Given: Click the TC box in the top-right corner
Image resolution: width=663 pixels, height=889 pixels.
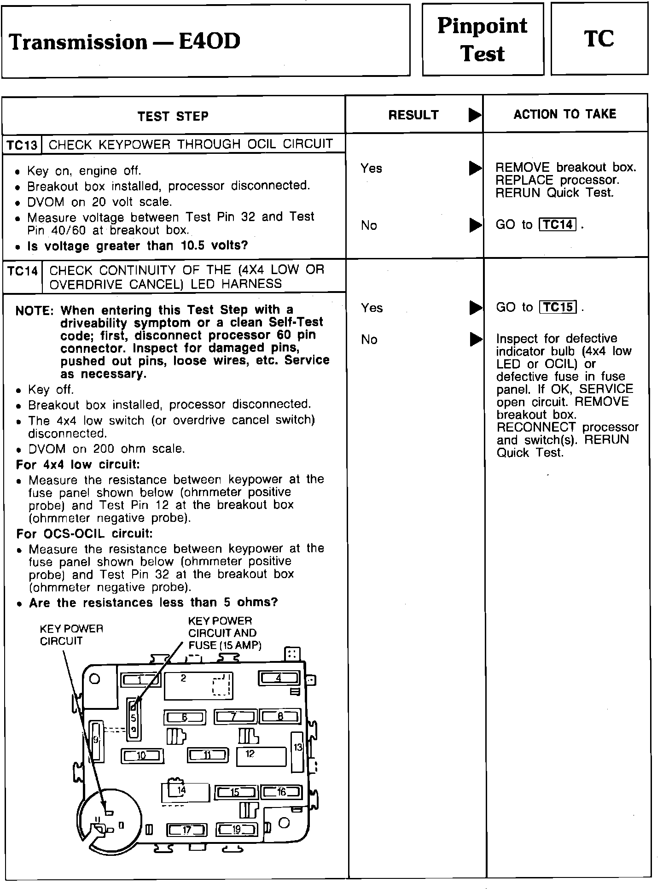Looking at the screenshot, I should pyautogui.click(x=599, y=39).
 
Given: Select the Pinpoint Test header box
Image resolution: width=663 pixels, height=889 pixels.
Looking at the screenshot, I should pyautogui.click(x=483, y=39).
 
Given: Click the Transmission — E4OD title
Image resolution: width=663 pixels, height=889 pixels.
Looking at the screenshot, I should pyautogui.click(x=125, y=41).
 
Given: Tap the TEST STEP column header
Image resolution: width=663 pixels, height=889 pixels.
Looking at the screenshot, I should pyautogui.click(x=173, y=116).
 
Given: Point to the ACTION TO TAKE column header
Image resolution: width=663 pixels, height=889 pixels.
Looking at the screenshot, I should pyautogui.click(x=565, y=114).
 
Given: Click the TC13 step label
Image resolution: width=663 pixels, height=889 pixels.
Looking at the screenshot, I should pyautogui.click(x=22, y=145).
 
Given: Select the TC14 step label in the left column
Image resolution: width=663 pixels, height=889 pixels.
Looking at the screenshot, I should pyautogui.click(x=22, y=270).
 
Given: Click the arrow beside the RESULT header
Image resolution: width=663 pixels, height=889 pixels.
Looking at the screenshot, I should pyautogui.click(x=474, y=115).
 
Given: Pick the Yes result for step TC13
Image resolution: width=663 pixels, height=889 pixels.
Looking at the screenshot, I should pyautogui.click(x=372, y=169).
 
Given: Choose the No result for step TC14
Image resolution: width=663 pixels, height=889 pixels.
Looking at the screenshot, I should pyautogui.click(x=369, y=340).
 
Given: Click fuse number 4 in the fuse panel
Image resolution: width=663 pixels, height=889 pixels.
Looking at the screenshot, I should pyautogui.click(x=279, y=678).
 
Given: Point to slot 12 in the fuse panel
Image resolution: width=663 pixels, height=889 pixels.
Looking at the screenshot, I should pyautogui.click(x=261, y=756).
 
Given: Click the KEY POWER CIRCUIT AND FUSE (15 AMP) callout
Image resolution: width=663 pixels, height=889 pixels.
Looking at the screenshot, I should pyautogui.click(x=224, y=633).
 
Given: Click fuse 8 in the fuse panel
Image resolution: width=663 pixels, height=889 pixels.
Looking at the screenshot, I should pyautogui.click(x=280, y=717).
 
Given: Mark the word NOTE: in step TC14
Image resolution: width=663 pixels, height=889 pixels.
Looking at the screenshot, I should pyautogui.click(x=35, y=311).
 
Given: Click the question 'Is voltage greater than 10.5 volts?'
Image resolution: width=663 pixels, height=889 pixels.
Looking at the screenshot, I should pyautogui.click(x=137, y=246).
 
